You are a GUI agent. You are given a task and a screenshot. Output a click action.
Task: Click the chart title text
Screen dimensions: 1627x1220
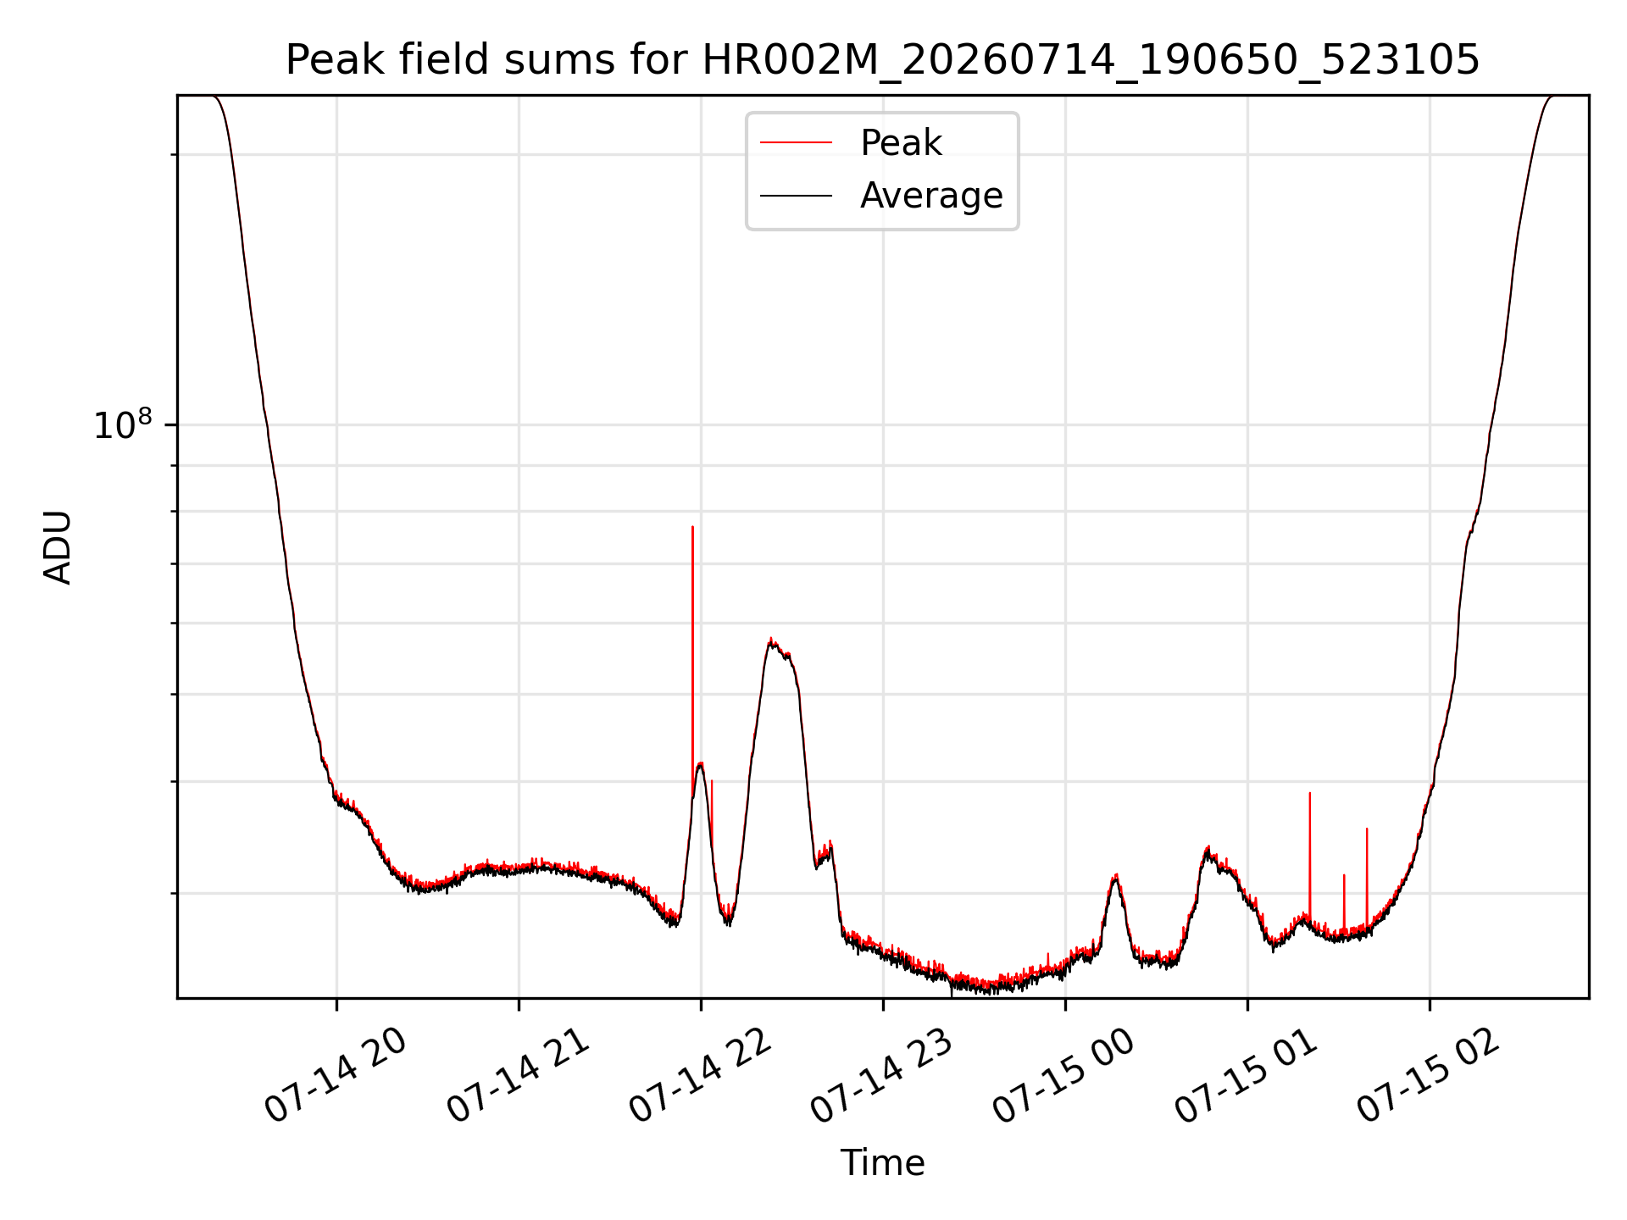tap(882, 60)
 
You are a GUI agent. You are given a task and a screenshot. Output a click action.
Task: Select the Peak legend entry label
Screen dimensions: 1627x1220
tap(901, 143)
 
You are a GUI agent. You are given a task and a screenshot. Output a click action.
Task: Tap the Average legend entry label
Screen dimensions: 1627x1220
tap(931, 196)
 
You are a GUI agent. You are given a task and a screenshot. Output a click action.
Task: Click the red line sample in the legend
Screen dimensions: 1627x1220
tap(796, 143)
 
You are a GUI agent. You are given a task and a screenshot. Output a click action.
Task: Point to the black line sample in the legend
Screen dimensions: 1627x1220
tap(796, 196)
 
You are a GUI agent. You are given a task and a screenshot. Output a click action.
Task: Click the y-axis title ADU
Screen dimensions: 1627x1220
tap(58, 547)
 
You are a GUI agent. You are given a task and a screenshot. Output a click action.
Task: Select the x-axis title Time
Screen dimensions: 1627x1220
tap(882, 1163)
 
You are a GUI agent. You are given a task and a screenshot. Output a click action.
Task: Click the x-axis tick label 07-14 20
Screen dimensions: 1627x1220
tap(336, 1076)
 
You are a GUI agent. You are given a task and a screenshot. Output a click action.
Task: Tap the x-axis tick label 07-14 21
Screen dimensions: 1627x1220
tap(519, 1076)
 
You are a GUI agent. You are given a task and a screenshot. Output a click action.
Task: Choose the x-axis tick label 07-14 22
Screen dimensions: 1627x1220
tap(701, 1076)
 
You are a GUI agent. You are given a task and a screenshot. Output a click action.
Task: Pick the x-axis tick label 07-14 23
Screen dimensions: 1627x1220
tap(883, 1076)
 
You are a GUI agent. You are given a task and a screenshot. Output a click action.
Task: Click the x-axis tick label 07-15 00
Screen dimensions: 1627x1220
tap(1065, 1076)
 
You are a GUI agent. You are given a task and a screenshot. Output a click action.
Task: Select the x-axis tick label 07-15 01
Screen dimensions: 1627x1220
tap(1247, 1076)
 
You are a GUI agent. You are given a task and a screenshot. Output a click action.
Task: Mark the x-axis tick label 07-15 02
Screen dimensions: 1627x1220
tap(1430, 1076)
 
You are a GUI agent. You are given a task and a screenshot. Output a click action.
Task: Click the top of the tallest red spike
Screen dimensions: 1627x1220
tap(692, 527)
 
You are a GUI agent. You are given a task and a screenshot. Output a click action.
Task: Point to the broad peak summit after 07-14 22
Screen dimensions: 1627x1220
tap(770, 640)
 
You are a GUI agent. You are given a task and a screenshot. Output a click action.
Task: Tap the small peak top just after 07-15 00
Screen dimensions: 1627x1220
tap(1116, 875)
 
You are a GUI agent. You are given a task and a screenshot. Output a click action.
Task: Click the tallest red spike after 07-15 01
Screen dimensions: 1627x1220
tap(1310, 793)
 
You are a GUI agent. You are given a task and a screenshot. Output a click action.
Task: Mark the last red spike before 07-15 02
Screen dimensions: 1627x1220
tap(1367, 829)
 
